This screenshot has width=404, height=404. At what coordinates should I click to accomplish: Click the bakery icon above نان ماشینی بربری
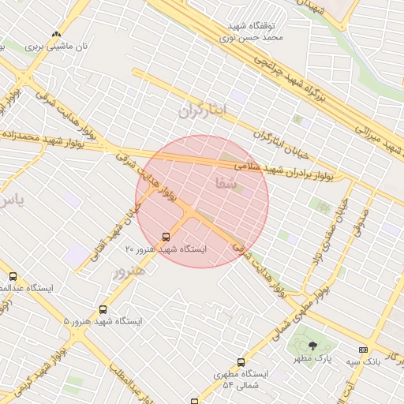click(x=56, y=35)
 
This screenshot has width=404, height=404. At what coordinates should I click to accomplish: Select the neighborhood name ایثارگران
click(x=202, y=110)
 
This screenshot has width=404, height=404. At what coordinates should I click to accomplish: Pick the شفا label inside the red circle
click(x=224, y=183)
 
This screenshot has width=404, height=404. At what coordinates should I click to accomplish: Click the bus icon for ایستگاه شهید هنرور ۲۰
click(x=166, y=236)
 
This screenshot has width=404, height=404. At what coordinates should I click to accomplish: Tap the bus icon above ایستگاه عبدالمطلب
click(x=13, y=276)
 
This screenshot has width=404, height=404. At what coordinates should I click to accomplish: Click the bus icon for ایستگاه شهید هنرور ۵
click(x=103, y=309)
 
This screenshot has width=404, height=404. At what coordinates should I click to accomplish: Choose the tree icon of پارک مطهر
click(x=313, y=346)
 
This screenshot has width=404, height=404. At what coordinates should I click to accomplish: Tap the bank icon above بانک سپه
click(x=363, y=350)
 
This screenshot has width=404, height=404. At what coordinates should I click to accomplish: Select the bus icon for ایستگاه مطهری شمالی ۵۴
click(x=219, y=363)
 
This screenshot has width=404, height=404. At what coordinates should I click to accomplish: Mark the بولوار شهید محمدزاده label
click(x=32, y=138)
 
